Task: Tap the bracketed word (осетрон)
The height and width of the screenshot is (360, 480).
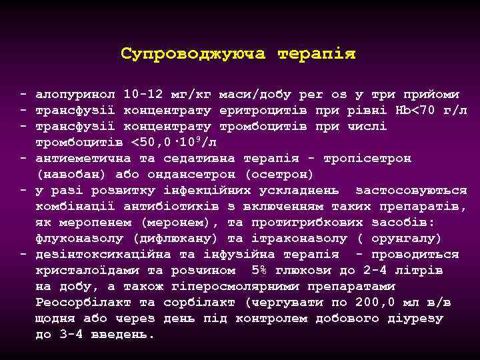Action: click(x=280, y=175)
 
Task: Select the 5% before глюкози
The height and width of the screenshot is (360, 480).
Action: click(x=260, y=271)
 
